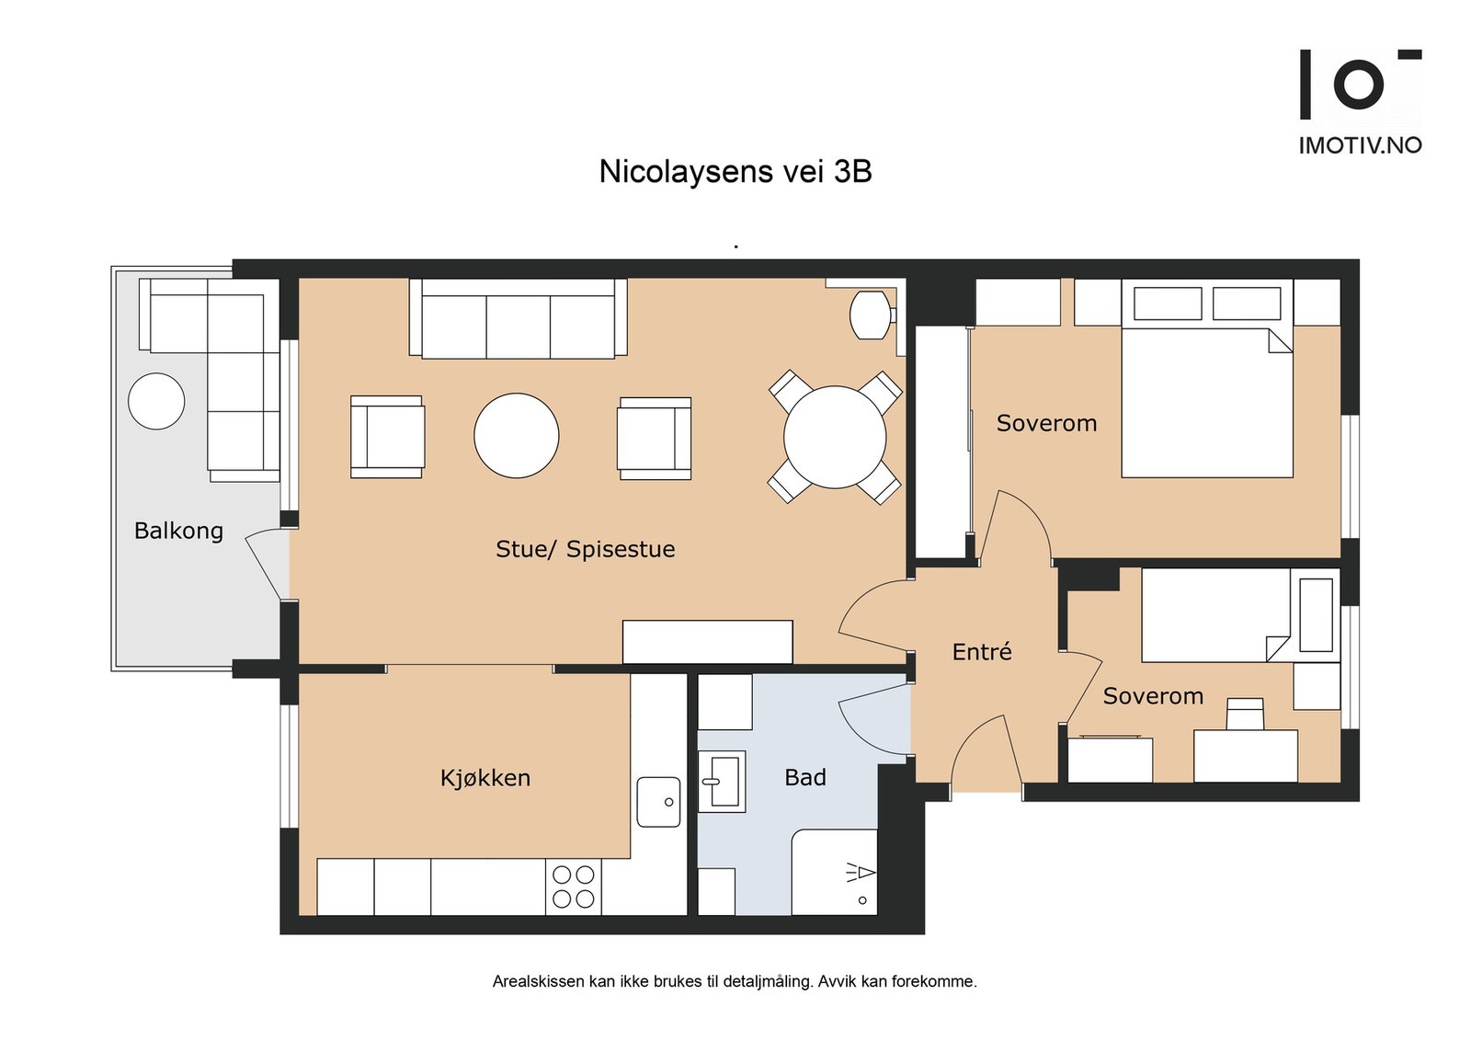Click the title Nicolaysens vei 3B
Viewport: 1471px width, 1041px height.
click(735, 171)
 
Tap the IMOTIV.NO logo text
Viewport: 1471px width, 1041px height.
click(1359, 145)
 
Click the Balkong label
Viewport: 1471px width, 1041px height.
click(178, 531)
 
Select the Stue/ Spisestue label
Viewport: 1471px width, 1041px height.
click(585, 549)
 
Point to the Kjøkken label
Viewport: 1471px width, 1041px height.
click(485, 778)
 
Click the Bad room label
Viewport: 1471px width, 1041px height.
click(804, 778)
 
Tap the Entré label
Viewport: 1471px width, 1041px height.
click(981, 652)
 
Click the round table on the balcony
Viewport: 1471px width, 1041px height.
click(156, 401)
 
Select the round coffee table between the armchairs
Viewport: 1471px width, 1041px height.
click(516, 436)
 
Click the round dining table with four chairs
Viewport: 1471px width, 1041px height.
click(834, 437)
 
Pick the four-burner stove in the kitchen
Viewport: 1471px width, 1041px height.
click(573, 887)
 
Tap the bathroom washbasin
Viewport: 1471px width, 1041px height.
click(722, 782)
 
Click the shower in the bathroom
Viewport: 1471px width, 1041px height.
click(835, 872)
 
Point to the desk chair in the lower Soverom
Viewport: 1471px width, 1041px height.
click(1245, 714)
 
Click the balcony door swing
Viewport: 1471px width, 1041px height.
click(265, 563)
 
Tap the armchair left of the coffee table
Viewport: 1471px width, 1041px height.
click(386, 437)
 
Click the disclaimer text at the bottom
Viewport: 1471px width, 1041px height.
click(735, 981)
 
